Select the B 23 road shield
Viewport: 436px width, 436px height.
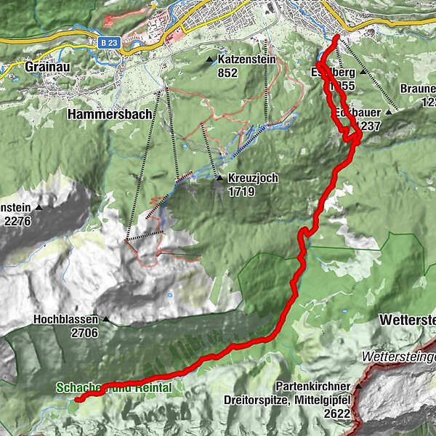pos(109,43)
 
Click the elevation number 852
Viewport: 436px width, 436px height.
pos(228,73)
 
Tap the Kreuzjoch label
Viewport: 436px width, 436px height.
pos(253,178)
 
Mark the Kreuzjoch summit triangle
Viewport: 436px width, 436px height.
pos(219,178)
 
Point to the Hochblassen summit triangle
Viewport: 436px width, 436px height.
pos(106,319)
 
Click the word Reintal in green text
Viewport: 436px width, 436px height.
pos(152,388)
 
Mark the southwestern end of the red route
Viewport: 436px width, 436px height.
pos(78,398)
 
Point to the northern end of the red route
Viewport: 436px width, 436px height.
pos(338,36)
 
